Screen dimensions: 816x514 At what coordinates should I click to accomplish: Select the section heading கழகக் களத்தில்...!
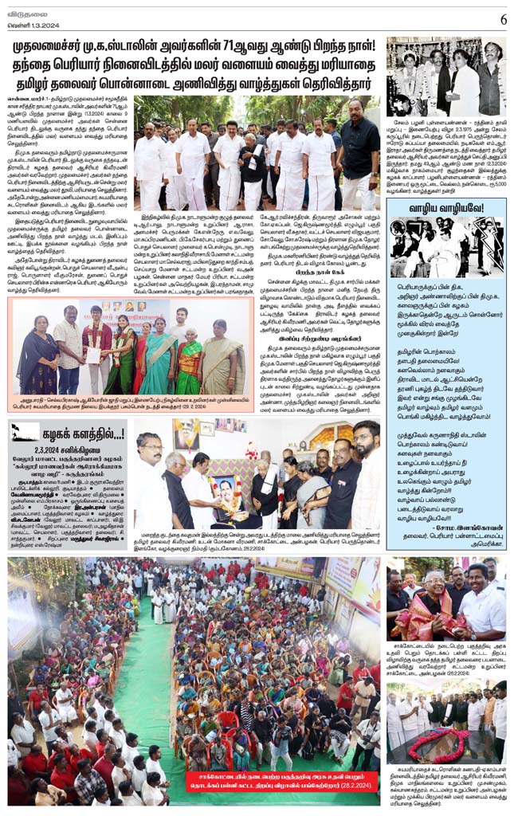pos(80,433)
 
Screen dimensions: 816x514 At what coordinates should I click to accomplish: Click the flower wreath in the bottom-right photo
pos(435,744)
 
